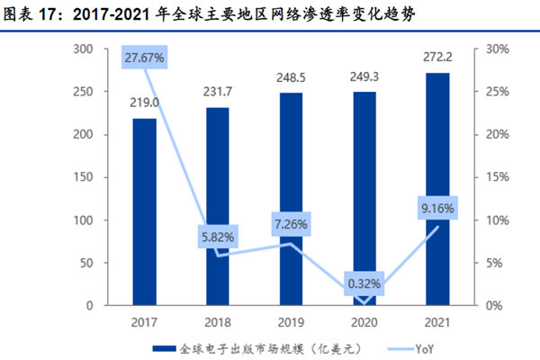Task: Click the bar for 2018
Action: (x=218, y=207)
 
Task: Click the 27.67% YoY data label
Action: (x=145, y=58)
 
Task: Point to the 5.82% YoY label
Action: (x=218, y=238)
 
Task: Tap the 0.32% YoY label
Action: (x=364, y=284)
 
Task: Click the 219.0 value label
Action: (x=144, y=103)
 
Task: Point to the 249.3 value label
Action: (x=364, y=77)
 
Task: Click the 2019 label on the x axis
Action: (x=291, y=319)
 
